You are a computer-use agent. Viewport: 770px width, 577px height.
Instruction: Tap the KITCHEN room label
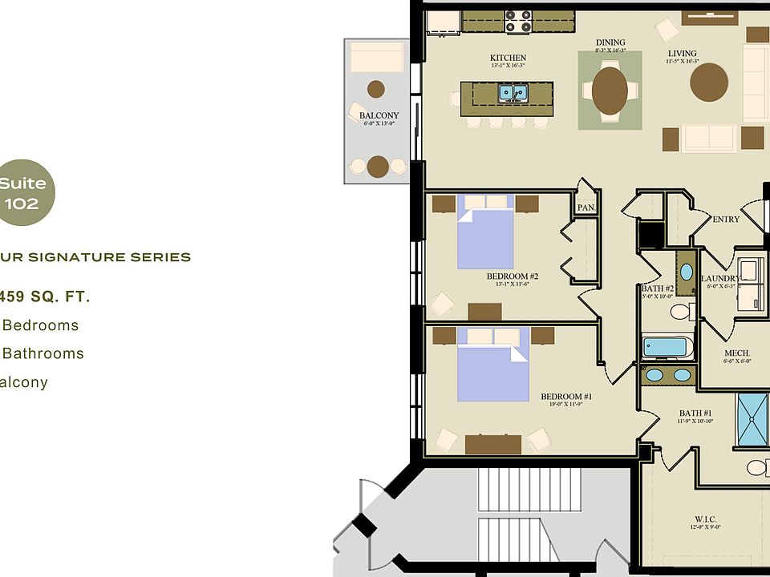pyautogui.click(x=508, y=58)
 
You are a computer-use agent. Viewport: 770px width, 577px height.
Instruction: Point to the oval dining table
pyautogui.click(x=610, y=91)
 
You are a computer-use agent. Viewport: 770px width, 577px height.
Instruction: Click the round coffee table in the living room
pyautogui.click(x=709, y=82)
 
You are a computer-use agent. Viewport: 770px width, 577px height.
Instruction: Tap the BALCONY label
pyautogui.click(x=379, y=115)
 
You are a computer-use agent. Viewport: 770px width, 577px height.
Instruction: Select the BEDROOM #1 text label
pyautogui.click(x=566, y=397)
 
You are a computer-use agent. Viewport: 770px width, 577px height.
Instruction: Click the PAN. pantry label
pyautogui.click(x=586, y=208)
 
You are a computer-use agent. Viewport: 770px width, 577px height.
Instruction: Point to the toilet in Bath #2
pyautogui.click(x=682, y=311)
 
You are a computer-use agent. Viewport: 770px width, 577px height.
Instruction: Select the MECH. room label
pyautogui.click(x=737, y=353)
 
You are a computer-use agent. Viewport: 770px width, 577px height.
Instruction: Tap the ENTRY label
pyautogui.click(x=726, y=219)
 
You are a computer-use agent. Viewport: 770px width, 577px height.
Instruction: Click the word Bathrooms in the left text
pyautogui.click(x=44, y=353)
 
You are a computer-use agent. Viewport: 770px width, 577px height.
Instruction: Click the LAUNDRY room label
pyautogui.click(x=719, y=279)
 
